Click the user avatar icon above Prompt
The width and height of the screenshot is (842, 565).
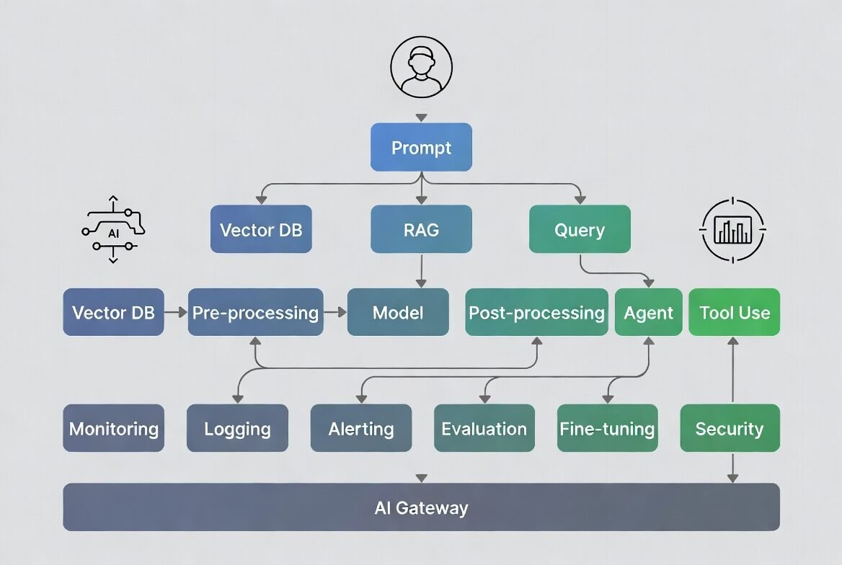[x=421, y=68]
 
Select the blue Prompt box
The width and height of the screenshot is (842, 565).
[x=421, y=147]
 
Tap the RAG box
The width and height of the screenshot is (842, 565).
[x=421, y=229]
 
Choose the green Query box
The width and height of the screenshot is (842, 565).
[x=580, y=229]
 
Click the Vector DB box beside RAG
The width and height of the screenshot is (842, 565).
[x=261, y=229]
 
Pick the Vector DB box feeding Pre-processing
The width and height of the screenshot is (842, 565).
[x=113, y=312]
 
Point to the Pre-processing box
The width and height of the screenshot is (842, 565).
[x=255, y=312]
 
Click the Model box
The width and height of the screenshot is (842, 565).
[x=398, y=312]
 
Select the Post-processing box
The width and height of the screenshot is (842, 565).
[x=536, y=312]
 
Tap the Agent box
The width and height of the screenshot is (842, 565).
[x=648, y=312]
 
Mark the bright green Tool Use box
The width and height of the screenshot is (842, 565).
[x=734, y=312]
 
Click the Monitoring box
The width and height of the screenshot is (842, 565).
[x=113, y=428]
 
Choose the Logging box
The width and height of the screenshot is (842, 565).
[x=237, y=428]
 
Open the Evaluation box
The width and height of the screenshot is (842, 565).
[x=484, y=428]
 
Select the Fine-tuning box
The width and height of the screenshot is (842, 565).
[x=607, y=428]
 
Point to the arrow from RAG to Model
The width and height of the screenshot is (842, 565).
[x=421, y=271]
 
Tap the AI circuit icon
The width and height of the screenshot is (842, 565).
[x=113, y=230]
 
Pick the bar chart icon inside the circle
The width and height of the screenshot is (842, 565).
[x=732, y=230]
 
